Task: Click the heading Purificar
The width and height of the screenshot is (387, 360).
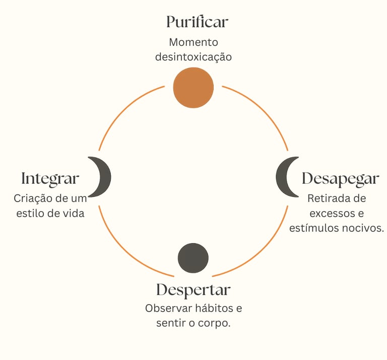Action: pos(197,22)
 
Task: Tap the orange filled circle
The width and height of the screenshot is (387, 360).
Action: pos(193,88)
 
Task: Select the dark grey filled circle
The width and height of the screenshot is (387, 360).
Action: pos(193,258)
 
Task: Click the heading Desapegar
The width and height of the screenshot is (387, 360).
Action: pos(340,179)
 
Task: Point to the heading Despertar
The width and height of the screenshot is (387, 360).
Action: pos(193,290)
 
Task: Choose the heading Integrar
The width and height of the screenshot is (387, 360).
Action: pos(50,179)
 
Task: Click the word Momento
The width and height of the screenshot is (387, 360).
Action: pos(193,42)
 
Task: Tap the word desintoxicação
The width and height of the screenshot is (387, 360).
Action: pos(193,57)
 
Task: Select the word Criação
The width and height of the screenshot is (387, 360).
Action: pos(32,198)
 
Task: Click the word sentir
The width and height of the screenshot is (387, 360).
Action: pos(170,323)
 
